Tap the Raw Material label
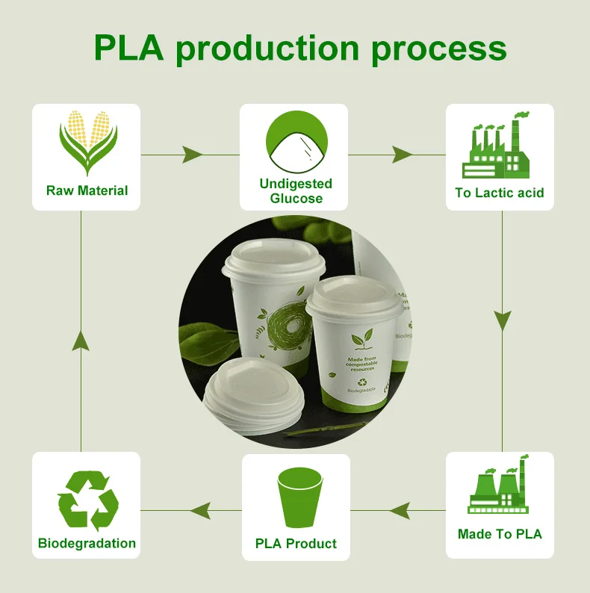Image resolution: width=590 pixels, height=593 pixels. [x=87, y=190]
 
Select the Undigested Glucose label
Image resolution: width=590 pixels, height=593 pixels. [x=296, y=190]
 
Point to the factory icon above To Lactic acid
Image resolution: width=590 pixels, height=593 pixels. [x=499, y=146]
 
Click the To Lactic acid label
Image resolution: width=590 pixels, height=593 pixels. [x=500, y=193]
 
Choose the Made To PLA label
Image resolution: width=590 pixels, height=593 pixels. [x=500, y=534]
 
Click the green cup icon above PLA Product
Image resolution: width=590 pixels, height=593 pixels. [x=296, y=496]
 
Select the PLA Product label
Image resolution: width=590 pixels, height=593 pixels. [x=296, y=544]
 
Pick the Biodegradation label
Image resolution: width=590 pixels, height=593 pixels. [x=87, y=544]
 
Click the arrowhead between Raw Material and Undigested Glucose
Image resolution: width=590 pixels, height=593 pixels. [x=192, y=155]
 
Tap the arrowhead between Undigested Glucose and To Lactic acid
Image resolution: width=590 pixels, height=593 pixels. [x=402, y=155]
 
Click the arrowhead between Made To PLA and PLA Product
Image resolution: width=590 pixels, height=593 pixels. [x=400, y=511]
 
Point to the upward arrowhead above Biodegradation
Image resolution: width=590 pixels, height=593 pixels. [x=81, y=342]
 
